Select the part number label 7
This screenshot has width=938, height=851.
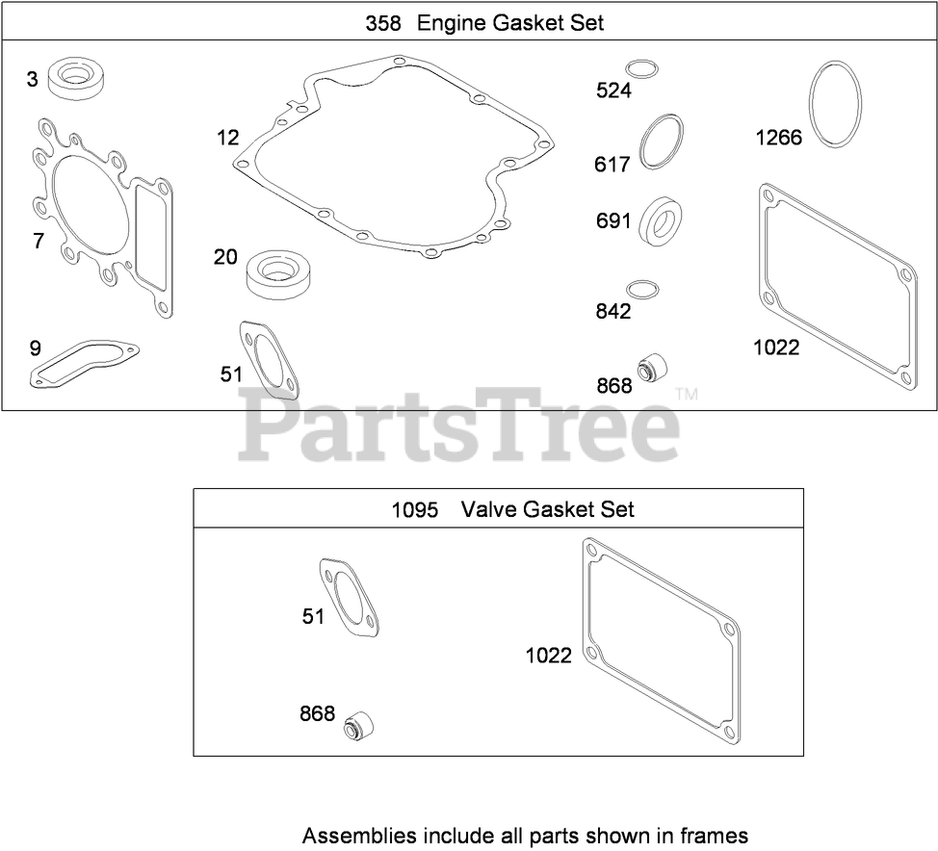coord(39,241)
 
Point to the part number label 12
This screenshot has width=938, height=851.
coord(227,138)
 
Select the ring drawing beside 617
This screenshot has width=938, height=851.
coord(663,142)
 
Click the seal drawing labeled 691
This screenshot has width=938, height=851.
coord(663,219)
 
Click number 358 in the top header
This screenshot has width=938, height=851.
coord(383,23)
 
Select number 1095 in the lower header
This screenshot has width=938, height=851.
coord(414,509)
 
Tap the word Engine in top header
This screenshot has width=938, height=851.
coord(451,23)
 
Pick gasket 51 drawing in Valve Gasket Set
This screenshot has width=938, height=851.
coord(352,599)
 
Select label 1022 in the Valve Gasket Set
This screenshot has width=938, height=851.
coord(548,656)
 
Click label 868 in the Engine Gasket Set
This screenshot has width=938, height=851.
coord(613,385)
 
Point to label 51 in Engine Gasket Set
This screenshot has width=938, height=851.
coord(231,374)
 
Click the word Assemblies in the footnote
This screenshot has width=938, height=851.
coord(352,835)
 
